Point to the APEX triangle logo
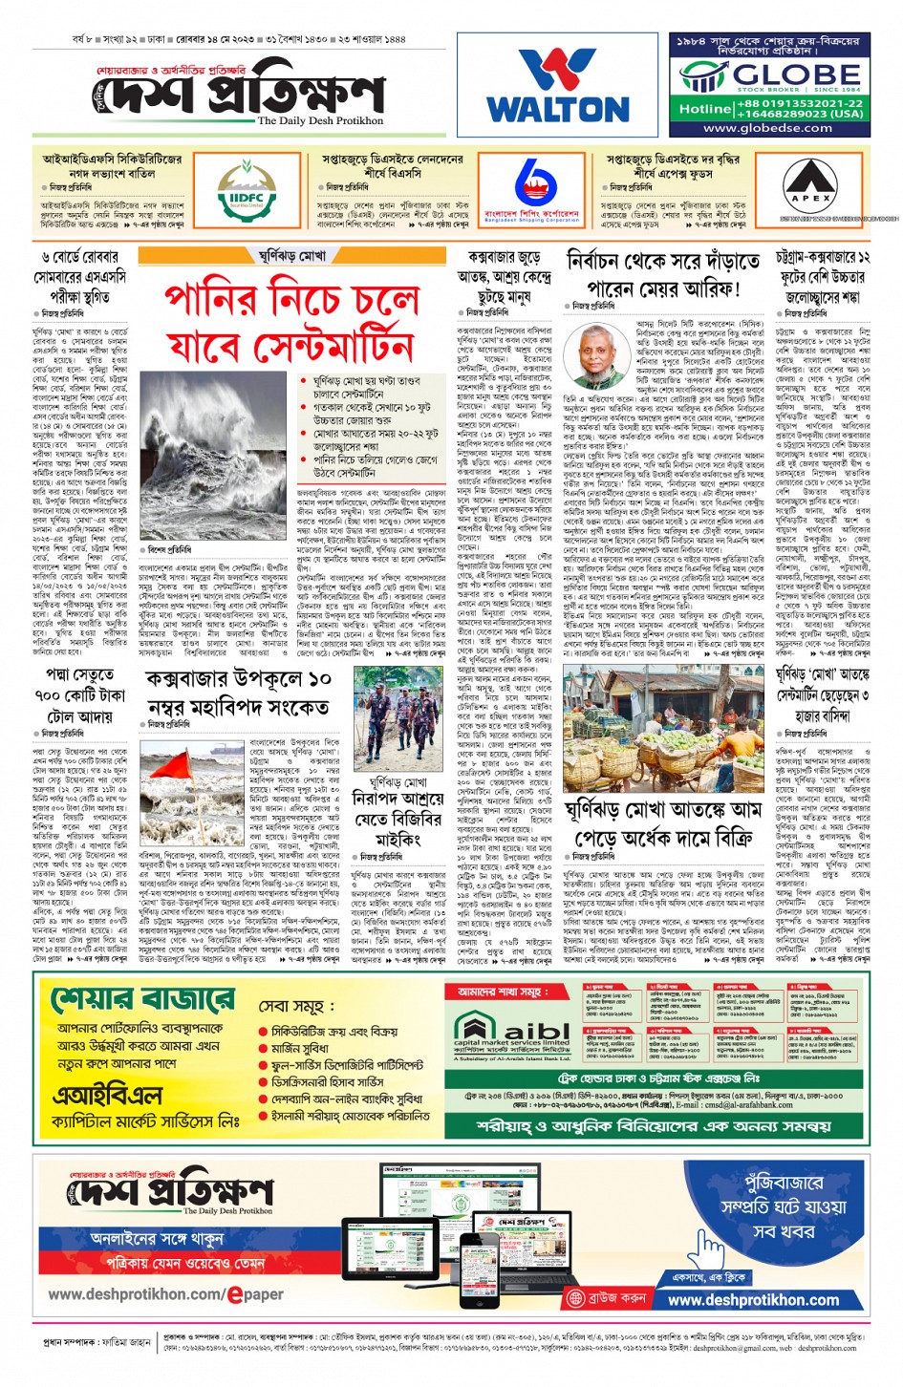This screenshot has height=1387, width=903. click(x=811, y=188)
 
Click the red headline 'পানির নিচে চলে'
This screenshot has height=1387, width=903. click(x=291, y=299)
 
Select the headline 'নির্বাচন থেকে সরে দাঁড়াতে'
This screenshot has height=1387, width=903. click(x=663, y=262)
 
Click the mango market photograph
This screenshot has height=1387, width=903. click(x=665, y=727)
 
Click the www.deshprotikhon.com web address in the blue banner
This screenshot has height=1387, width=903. click(x=753, y=1300)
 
